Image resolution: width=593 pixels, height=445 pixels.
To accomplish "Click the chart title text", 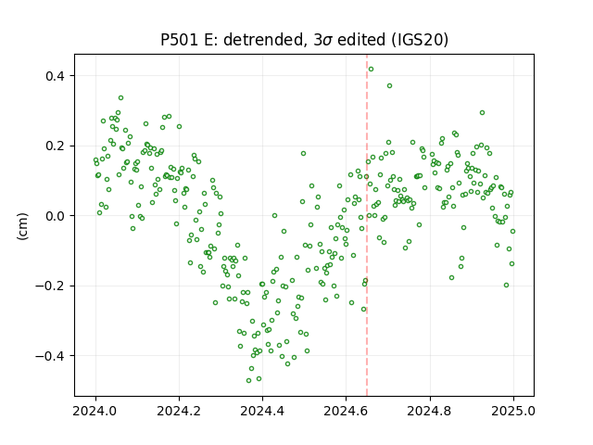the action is pyautogui.click(x=304, y=40).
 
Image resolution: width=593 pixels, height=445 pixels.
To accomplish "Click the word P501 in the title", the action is pyautogui.click(x=180, y=40).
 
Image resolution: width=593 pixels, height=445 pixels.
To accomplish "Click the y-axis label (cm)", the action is pyautogui.click(x=22, y=226).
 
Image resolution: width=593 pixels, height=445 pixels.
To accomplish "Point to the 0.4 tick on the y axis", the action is pyautogui.click(x=56, y=76).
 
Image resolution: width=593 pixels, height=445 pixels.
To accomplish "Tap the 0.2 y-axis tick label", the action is pyautogui.click(x=56, y=146).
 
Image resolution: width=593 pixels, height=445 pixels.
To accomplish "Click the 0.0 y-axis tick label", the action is pyautogui.click(x=56, y=216).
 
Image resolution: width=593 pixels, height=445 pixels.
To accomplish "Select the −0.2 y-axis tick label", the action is pyautogui.click(x=51, y=286).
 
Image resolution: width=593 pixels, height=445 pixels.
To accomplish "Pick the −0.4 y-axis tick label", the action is pyautogui.click(x=51, y=356).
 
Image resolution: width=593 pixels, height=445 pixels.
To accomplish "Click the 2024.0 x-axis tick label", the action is pyautogui.click(x=95, y=411).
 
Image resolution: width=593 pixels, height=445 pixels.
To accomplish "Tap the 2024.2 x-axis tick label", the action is pyautogui.click(x=179, y=411).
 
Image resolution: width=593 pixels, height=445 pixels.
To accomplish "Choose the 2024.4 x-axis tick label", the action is pyautogui.click(x=262, y=411).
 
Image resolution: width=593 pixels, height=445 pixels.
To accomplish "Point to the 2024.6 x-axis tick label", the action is pyautogui.click(x=346, y=411).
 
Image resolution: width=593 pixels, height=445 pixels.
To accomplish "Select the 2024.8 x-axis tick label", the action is pyautogui.click(x=430, y=411).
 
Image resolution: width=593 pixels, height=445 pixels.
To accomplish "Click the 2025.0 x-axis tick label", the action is pyautogui.click(x=513, y=411).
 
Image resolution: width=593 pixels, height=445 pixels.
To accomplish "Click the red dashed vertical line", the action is pyautogui.click(x=367, y=225).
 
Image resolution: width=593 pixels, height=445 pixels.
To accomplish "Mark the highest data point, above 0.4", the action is pyautogui.click(x=371, y=69).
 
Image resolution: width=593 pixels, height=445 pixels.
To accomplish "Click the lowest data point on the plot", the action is pyautogui.click(x=248, y=380).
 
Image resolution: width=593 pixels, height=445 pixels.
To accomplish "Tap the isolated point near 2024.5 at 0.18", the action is pyautogui.click(x=303, y=153).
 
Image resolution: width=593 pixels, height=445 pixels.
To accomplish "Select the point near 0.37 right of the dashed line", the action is pyautogui.click(x=389, y=86).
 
